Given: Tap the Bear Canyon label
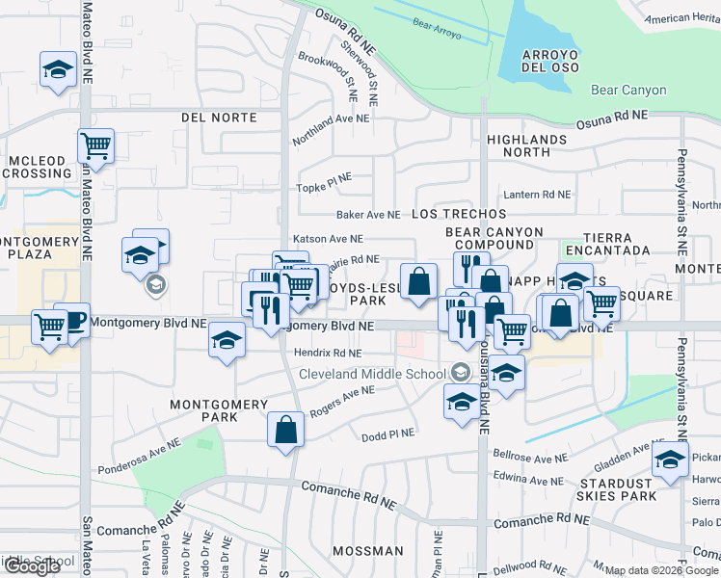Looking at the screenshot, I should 628,91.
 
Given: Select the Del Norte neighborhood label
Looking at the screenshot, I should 219,118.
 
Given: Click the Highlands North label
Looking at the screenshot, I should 526,145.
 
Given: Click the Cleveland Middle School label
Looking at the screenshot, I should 372,374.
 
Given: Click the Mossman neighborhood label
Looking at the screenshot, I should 367,551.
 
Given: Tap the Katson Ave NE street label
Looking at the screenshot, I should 328,239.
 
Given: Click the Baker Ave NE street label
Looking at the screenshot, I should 367,214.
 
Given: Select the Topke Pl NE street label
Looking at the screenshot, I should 325,188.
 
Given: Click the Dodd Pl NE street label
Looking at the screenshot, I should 387,435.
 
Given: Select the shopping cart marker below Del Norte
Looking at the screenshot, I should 95,146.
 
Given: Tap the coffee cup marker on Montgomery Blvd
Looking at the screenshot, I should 70,320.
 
